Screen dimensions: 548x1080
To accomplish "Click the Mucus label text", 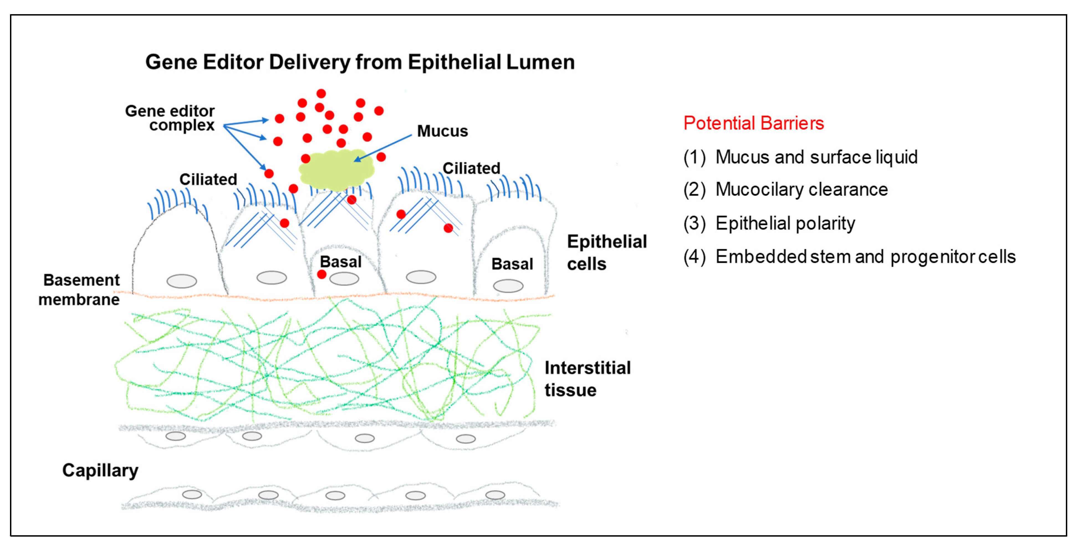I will click(x=442, y=131).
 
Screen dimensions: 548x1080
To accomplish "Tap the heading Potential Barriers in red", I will click(x=754, y=123).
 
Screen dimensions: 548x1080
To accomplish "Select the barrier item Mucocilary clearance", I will click(x=801, y=190).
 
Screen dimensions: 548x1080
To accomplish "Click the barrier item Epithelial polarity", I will click(x=785, y=223).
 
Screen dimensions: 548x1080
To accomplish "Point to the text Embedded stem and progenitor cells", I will click(x=865, y=257).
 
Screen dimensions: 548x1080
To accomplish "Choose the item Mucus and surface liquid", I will click(x=816, y=157).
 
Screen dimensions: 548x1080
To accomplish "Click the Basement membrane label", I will click(x=80, y=289).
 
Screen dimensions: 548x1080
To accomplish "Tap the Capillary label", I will click(x=100, y=470).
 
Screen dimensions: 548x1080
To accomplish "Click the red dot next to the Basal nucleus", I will click(x=321, y=274).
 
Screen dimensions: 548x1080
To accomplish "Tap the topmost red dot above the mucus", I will click(x=321, y=93).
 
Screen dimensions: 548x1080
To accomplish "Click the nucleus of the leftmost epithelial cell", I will click(x=182, y=281).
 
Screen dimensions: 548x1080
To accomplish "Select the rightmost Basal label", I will click(x=512, y=264).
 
